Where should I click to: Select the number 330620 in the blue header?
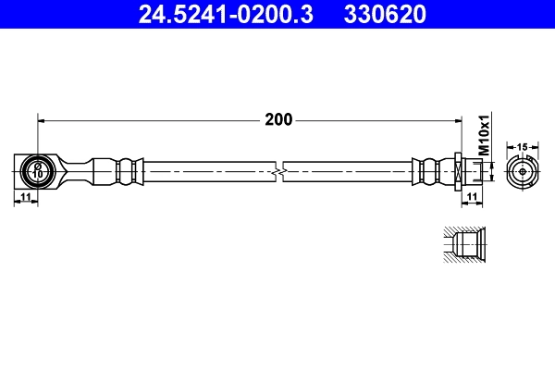385,14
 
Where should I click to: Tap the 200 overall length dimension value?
277,119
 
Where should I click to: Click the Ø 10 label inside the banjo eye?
38,171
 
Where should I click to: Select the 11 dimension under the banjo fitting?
26,198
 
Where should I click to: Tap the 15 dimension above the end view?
522,147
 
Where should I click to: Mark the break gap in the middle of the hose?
280,171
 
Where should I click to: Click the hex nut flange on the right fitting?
459,171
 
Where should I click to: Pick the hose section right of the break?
347,171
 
